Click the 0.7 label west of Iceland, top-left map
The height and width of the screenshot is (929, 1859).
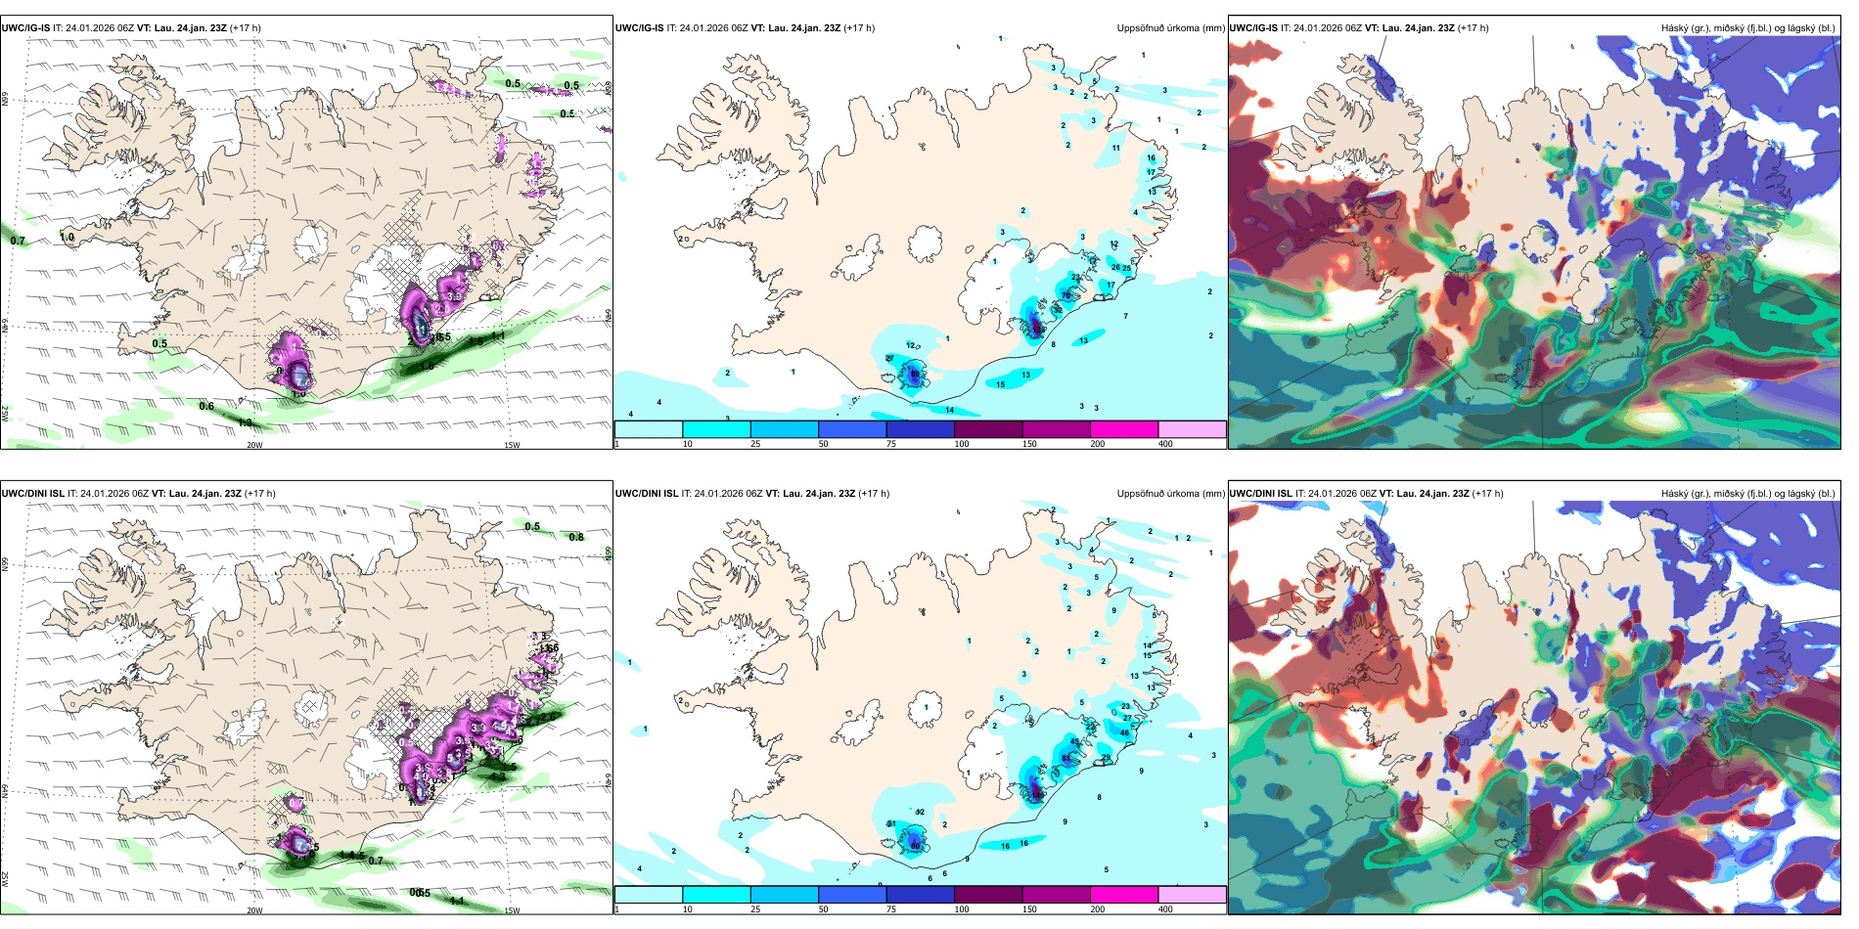[x=18, y=241]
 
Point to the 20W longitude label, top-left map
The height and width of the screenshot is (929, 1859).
[x=254, y=445]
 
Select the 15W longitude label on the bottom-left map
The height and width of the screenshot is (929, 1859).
[x=511, y=910]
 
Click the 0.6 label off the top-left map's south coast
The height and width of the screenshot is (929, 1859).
[x=206, y=406]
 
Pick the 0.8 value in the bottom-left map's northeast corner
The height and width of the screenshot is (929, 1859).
[x=576, y=537]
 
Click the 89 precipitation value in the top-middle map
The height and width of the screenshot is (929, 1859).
[x=915, y=374]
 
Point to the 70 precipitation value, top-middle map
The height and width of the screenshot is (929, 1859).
[x=1066, y=295]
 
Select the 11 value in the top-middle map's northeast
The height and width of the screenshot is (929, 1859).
[x=1115, y=149]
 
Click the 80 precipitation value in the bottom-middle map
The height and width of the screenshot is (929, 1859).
[x=915, y=844]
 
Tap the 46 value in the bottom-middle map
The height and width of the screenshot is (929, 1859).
[x=1124, y=732]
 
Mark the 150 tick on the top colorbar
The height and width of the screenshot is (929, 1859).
[x=1029, y=444]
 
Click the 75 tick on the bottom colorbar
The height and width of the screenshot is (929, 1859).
[x=891, y=909]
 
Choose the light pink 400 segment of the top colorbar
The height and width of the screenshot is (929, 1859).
[x=1192, y=429]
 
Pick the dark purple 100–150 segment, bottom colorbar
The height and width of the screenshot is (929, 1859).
[x=988, y=895]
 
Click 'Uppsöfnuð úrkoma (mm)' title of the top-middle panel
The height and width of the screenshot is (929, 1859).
[x=1170, y=28]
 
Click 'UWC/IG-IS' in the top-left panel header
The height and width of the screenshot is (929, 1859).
[x=24, y=28]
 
